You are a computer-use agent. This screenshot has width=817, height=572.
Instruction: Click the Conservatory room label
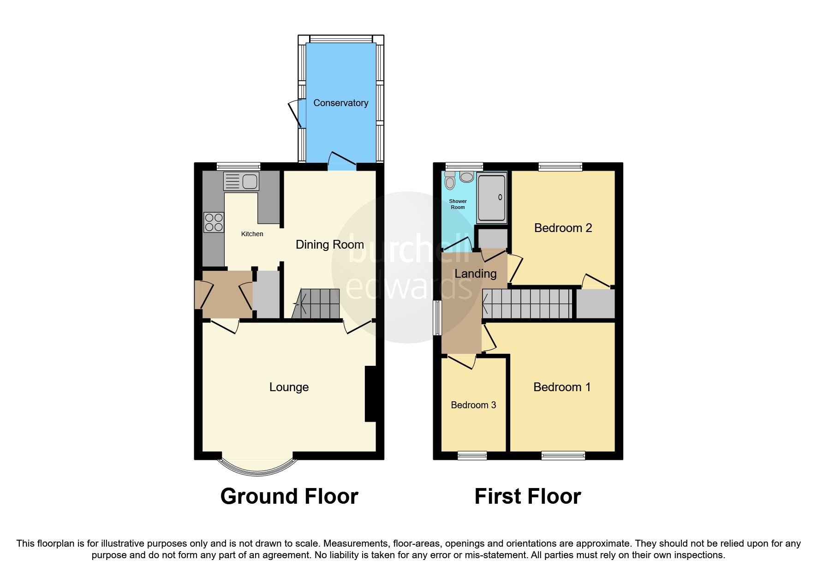[340, 103]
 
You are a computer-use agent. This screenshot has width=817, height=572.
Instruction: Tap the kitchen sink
[241, 181]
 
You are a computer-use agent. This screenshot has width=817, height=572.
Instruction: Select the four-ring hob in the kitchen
[214, 222]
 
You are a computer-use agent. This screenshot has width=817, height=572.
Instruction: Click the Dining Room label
[329, 244]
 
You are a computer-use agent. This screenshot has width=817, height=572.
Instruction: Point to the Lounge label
[289, 387]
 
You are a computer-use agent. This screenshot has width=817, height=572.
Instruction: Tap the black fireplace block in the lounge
[370, 393]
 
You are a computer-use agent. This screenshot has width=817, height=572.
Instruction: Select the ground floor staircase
[317, 304]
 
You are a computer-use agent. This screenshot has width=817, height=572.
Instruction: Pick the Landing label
[475, 274]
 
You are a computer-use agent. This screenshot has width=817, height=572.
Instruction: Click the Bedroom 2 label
[563, 228]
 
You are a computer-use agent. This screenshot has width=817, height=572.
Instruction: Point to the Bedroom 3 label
[473, 405]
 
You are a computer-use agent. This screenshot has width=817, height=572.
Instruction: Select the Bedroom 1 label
[562, 387]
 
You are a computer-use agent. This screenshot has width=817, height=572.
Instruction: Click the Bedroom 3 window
[472, 455]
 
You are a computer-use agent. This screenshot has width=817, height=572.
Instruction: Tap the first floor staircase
[527, 304]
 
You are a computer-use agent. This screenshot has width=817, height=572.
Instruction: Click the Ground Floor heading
[289, 496]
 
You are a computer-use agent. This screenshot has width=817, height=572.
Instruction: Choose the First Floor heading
[527, 496]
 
